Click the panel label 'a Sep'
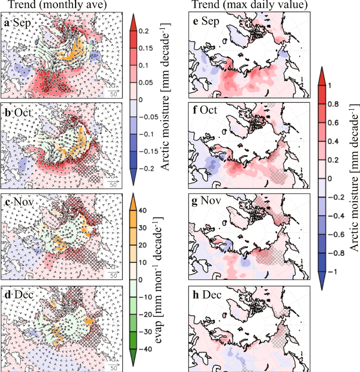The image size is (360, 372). point(14,23)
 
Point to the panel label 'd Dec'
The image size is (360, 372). point(15,295)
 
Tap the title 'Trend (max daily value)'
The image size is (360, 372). point(249,5)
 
